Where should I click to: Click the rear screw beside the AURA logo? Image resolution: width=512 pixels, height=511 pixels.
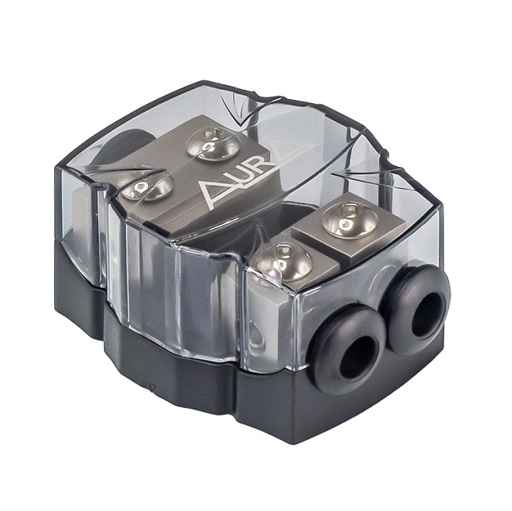tap(213, 144)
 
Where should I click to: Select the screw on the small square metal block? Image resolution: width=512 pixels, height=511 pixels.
tap(350, 220)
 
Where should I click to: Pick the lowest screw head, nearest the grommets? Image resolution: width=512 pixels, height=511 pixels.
tap(284, 262)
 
